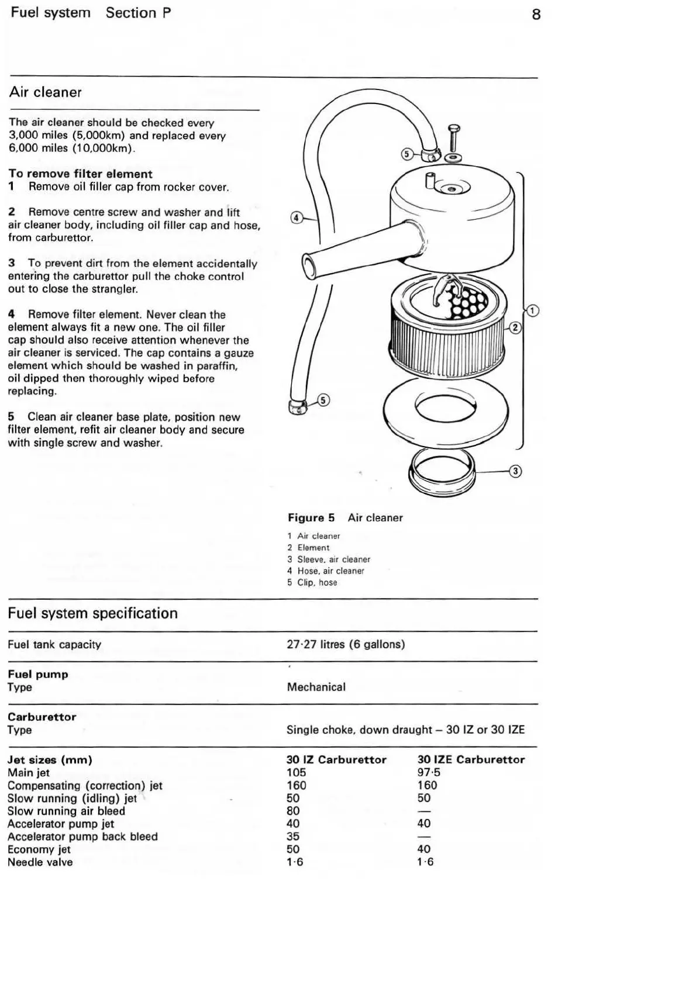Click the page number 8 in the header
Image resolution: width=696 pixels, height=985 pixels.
(x=536, y=15)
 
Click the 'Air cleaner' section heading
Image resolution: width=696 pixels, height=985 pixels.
(x=46, y=92)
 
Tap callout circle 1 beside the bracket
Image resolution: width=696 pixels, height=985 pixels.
(x=532, y=310)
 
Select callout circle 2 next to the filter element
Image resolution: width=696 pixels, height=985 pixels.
(x=515, y=327)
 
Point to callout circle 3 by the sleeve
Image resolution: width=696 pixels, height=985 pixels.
(x=515, y=471)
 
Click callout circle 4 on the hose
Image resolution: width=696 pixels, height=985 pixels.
(x=297, y=218)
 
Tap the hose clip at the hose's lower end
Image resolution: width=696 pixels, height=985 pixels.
(x=298, y=406)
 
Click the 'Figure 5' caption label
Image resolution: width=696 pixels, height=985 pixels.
(x=311, y=518)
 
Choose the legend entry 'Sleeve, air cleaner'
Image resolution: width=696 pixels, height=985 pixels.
(x=333, y=559)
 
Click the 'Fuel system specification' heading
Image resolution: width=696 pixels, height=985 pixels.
(x=92, y=613)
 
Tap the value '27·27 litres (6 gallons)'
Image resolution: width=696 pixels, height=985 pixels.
(x=346, y=644)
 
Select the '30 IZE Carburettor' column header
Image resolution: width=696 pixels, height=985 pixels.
(x=471, y=759)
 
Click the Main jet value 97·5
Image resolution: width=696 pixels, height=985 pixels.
(x=429, y=772)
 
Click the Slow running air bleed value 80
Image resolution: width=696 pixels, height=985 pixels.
(x=293, y=811)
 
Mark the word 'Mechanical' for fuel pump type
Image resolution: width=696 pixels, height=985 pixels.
(x=316, y=687)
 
